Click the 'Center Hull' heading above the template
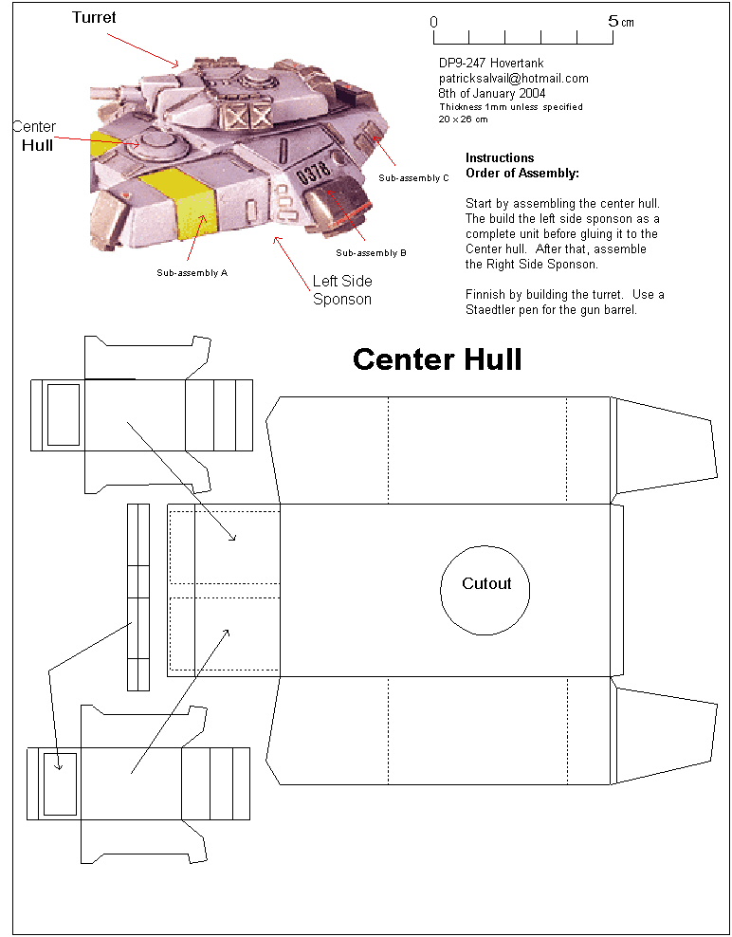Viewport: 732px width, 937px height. tap(437, 359)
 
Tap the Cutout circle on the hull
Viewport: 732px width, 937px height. tap(486, 589)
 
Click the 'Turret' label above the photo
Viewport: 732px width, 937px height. tap(95, 18)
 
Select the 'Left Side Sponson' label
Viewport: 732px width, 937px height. tap(342, 290)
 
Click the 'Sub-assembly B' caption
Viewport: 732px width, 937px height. tap(372, 253)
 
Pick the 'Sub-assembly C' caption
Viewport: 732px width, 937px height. tap(413, 178)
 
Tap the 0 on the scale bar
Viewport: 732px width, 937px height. tap(433, 21)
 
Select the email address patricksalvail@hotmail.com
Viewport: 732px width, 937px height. tap(513, 79)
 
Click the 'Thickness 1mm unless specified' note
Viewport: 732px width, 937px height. tap(510, 107)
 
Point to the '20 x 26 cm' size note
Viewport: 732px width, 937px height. tap(463, 119)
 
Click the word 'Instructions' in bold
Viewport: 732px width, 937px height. tap(500, 158)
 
